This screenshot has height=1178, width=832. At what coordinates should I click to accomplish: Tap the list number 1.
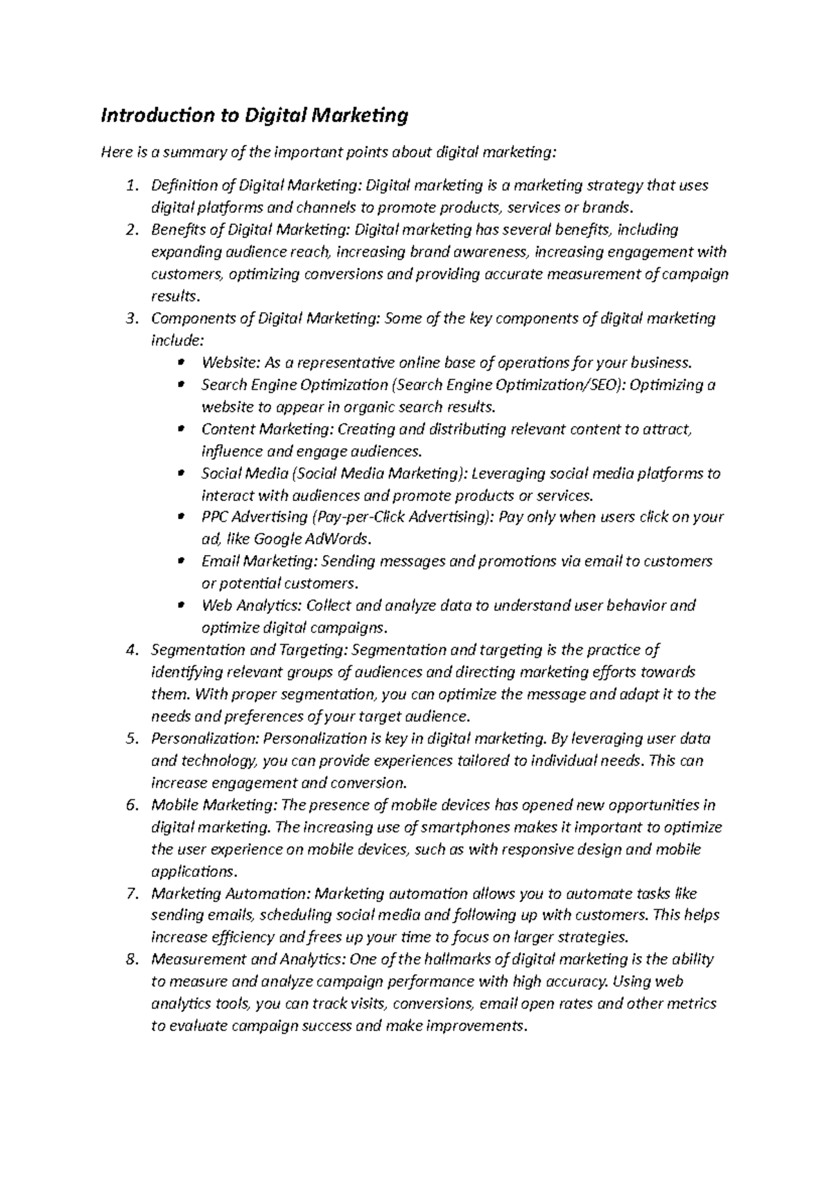pyautogui.click(x=132, y=186)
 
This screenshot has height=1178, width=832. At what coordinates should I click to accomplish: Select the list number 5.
pyautogui.click(x=132, y=739)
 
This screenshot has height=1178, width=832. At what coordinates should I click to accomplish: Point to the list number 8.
pyautogui.click(x=132, y=960)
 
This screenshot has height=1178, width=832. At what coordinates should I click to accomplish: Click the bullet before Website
pyautogui.click(x=182, y=362)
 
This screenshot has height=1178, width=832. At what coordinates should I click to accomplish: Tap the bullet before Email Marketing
pyautogui.click(x=182, y=561)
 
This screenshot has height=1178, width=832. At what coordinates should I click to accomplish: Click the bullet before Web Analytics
pyautogui.click(x=182, y=606)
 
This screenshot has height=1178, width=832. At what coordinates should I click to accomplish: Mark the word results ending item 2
pyautogui.click(x=173, y=296)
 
